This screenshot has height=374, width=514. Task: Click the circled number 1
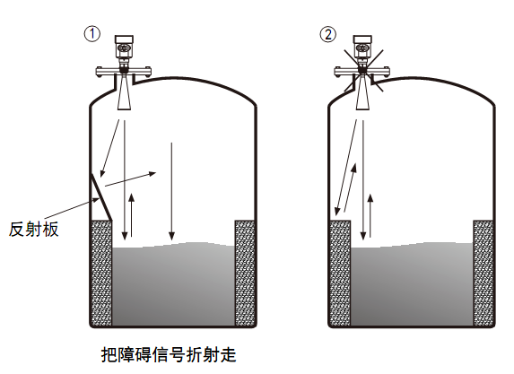(x=92, y=34)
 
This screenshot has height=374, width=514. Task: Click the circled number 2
(x=328, y=34)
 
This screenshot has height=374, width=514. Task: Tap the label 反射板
(x=33, y=229)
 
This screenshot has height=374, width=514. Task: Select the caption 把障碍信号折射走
(x=169, y=354)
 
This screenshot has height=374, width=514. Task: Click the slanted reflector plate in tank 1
(x=101, y=197)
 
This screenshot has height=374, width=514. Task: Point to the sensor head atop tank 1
(x=124, y=48)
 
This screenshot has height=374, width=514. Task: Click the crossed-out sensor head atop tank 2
(x=362, y=48)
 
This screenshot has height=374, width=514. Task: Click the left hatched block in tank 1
(x=101, y=274)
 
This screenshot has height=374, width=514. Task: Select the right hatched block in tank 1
(x=245, y=274)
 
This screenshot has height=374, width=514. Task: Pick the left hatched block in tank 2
(x=340, y=274)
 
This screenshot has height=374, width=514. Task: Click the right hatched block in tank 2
(x=484, y=274)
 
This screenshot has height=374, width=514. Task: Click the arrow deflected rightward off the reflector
(x=130, y=179)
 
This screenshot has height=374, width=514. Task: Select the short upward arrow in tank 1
(x=132, y=215)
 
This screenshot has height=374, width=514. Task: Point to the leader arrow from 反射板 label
(x=72, y=208)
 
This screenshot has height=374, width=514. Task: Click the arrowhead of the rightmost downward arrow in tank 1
(x=171, y=236)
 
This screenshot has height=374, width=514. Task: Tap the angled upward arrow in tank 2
(x=350, y=188)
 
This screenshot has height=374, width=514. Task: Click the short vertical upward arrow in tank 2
(x=370, y=215)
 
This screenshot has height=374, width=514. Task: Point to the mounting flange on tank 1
(x=124, y=71)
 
